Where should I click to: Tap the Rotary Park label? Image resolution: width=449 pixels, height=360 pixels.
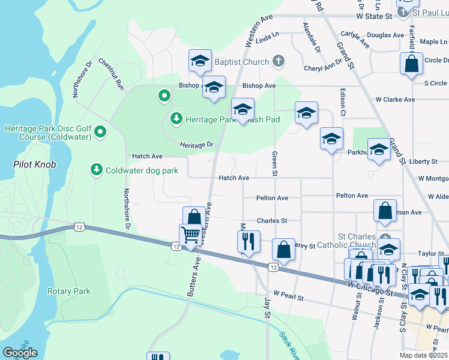tap(68, 291)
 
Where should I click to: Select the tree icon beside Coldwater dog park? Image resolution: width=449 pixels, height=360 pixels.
tap(97, 170)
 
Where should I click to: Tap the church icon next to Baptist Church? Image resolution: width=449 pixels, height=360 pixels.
tap(278, 61)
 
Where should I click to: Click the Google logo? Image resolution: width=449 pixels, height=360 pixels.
tap(20, 353)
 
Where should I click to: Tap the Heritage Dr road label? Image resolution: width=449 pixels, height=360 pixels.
tap(196, 145)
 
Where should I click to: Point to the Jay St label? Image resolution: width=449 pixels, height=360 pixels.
tap(268, 306)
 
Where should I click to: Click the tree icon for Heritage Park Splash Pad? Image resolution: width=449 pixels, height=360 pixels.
tap(176, 119)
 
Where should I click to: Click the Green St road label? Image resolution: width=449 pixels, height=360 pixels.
tap(274, 164)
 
